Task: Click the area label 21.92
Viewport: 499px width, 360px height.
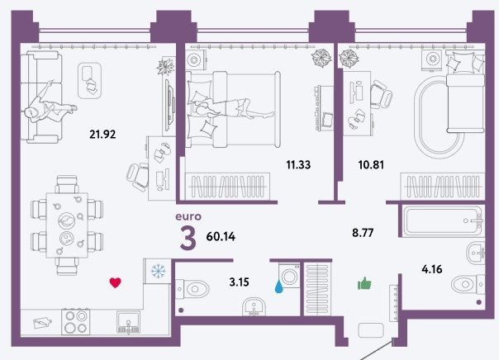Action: click(x=102, y=135)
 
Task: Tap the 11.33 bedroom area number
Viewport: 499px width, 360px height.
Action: click(x=298, y=165)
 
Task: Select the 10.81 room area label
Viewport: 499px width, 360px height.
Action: click(x=371, y=165)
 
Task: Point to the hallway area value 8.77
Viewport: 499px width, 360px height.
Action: click(x=363, y=233)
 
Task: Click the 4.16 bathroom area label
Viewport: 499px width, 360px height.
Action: click(x=432, y=269)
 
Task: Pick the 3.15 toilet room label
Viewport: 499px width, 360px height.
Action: click(x=239, y=282)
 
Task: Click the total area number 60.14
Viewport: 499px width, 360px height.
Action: click(x=221, y=237)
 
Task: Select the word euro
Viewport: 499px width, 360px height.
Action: click(x=188, y=216)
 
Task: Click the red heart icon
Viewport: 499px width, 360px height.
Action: click(x=115, y=282)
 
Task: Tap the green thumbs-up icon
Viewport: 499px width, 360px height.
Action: click(x=364, y=283)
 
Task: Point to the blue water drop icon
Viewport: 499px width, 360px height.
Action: click(x=278, y=287)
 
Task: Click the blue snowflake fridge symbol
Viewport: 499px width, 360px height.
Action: click(x=158, y=271)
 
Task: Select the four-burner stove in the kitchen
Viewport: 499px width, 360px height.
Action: click(x=76, y=321)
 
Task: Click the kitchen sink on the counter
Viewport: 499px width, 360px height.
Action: click(x=128, y=322)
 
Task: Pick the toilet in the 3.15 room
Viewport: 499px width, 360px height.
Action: click(x=192, y=289)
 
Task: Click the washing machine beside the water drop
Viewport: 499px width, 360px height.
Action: click(x=289, y=276)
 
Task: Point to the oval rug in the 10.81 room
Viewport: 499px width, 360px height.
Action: click(x=436, y=118)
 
